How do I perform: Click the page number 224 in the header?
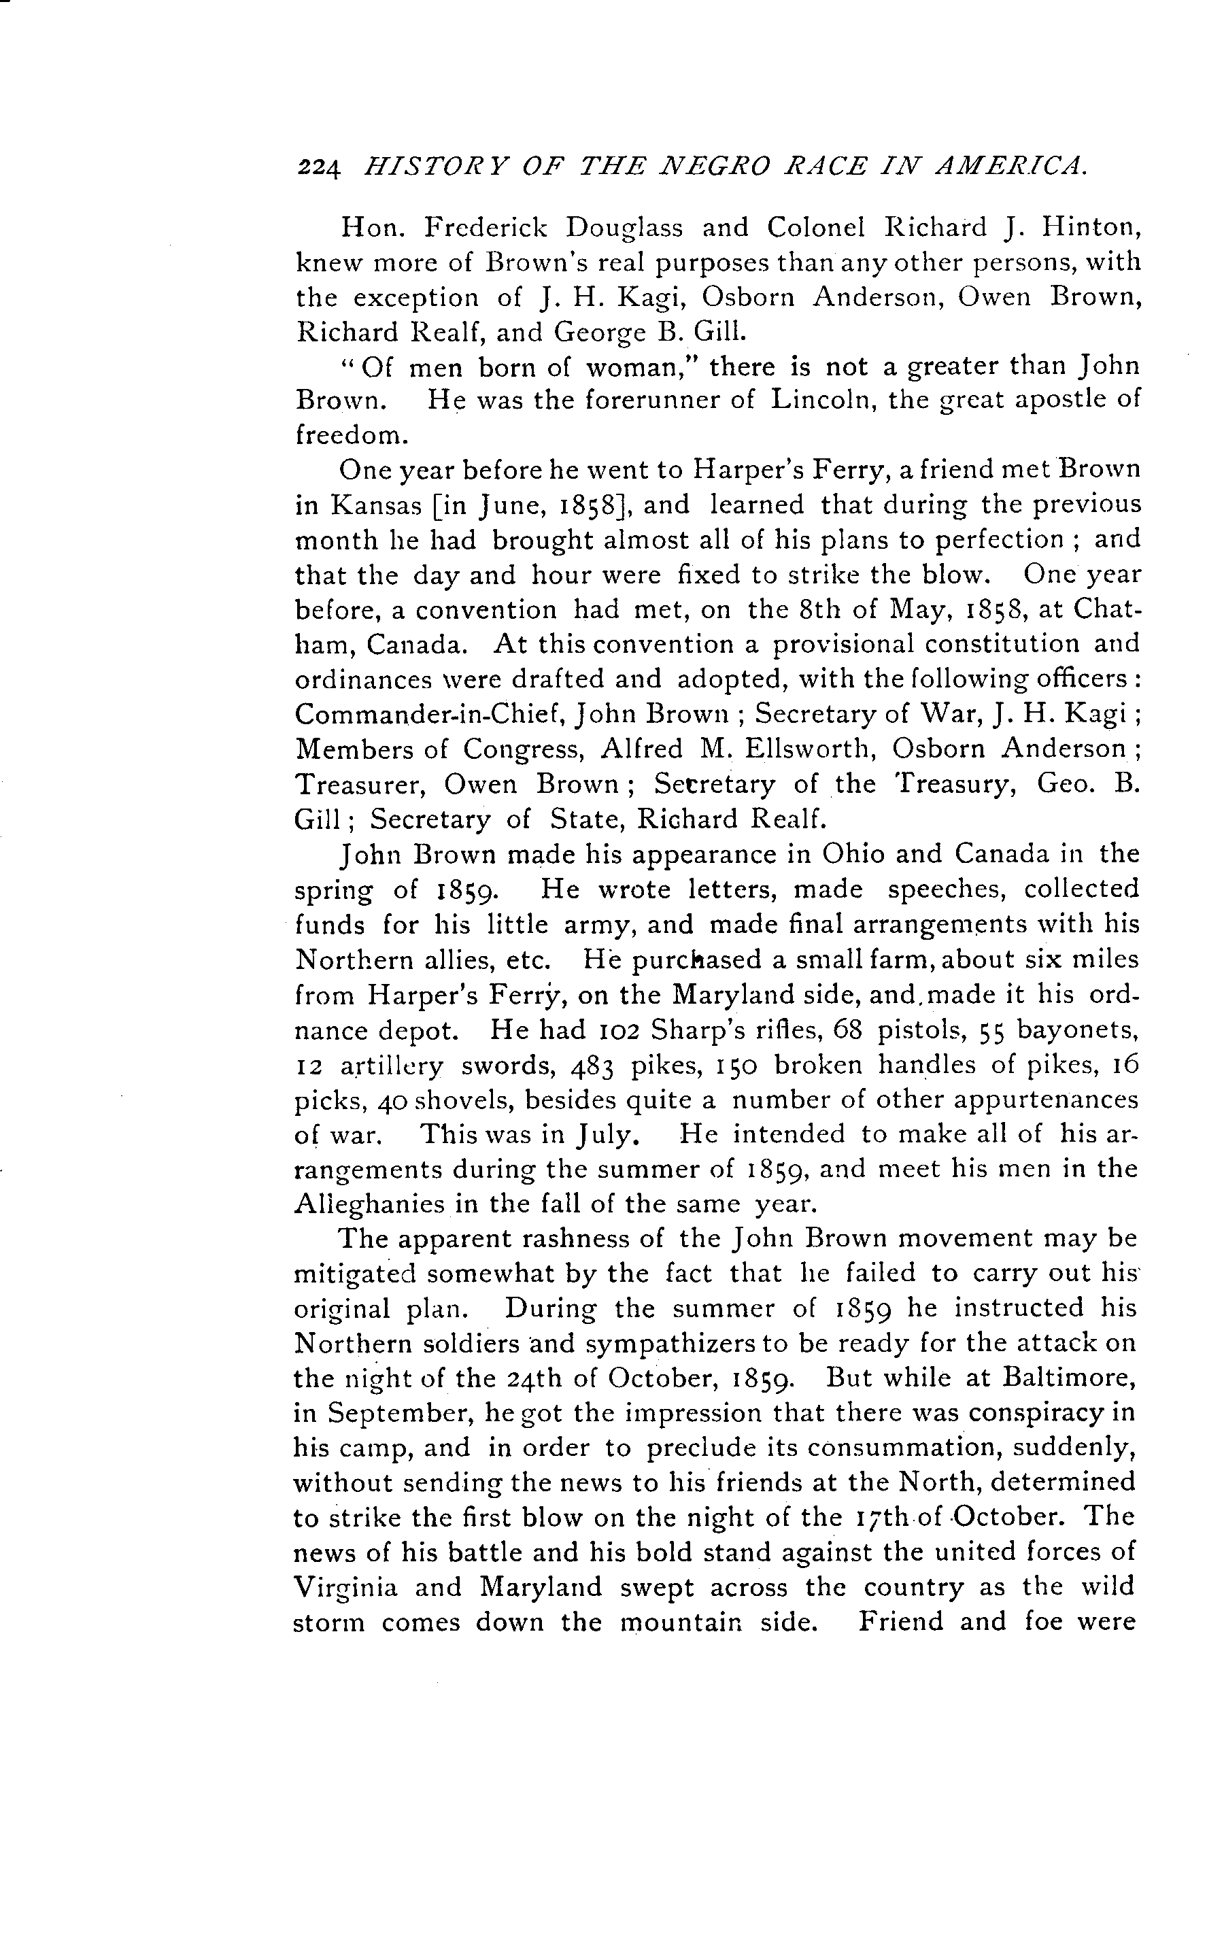tap(320, 167)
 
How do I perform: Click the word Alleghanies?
tap(369, 1204)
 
